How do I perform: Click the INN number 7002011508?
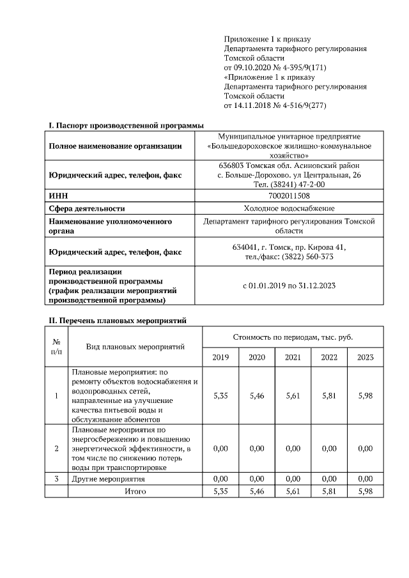click(x=289, y=196)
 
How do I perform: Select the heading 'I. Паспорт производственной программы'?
click(x=127, y=125)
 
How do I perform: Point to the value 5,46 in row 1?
click(x=256, y=396)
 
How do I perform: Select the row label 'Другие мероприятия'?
click(x=108, y=478)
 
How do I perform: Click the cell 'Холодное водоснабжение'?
click(x=289, y=208)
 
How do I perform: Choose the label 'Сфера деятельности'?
click(x=87, y=208)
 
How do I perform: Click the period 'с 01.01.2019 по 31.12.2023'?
click(x=289, y=285)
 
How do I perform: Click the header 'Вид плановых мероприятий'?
click(x=135, y=347)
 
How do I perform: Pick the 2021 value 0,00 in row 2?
click(x=293, y=448)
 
